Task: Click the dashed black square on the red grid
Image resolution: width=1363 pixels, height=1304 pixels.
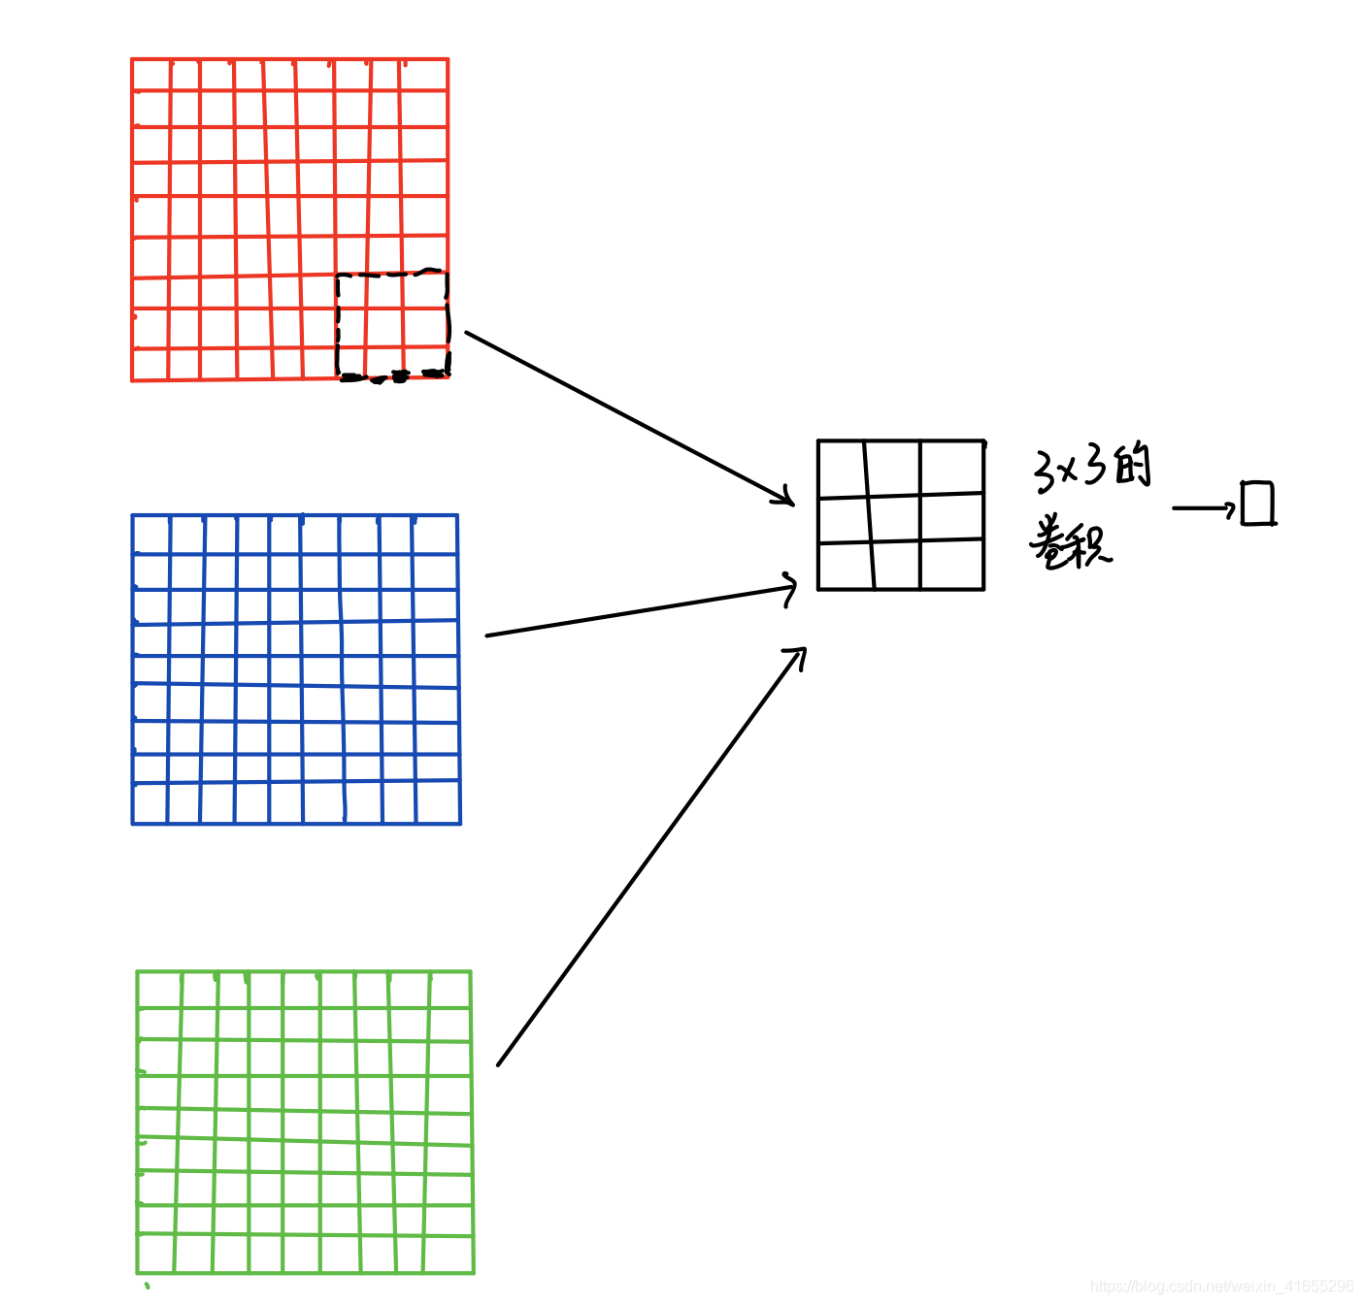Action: click(x=392, y=324)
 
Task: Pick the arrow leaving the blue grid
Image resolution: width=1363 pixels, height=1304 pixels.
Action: click(x=641, y=610)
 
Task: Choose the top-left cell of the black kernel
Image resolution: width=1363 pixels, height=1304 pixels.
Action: click(x=842, y=470)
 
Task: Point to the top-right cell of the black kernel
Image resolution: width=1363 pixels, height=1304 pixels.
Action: click(x=951, y=468)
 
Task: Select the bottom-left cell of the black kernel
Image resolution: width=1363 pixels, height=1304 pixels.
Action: click(x=845, y=566)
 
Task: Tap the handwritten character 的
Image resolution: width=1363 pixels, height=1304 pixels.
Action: click(x=1132, y=466)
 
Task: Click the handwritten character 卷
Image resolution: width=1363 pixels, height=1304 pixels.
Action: click(x=1050, y=543)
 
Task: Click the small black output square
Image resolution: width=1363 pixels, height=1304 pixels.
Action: click(x=1257, y=504)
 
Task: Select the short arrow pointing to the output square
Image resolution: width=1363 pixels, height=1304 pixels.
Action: click(x=1204, y=507)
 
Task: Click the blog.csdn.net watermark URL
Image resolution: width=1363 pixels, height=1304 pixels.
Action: click(x=1221, y=1287)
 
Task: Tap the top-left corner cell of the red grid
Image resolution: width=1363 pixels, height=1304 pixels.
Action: click(x=150, y=75)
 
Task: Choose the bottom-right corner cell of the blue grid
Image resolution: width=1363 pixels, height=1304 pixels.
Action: click(x=438, y=803)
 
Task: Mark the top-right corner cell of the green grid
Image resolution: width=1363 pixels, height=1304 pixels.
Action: click(x=449, y=990)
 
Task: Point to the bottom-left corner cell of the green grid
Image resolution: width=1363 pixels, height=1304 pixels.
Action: click(x=156, y=1253)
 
